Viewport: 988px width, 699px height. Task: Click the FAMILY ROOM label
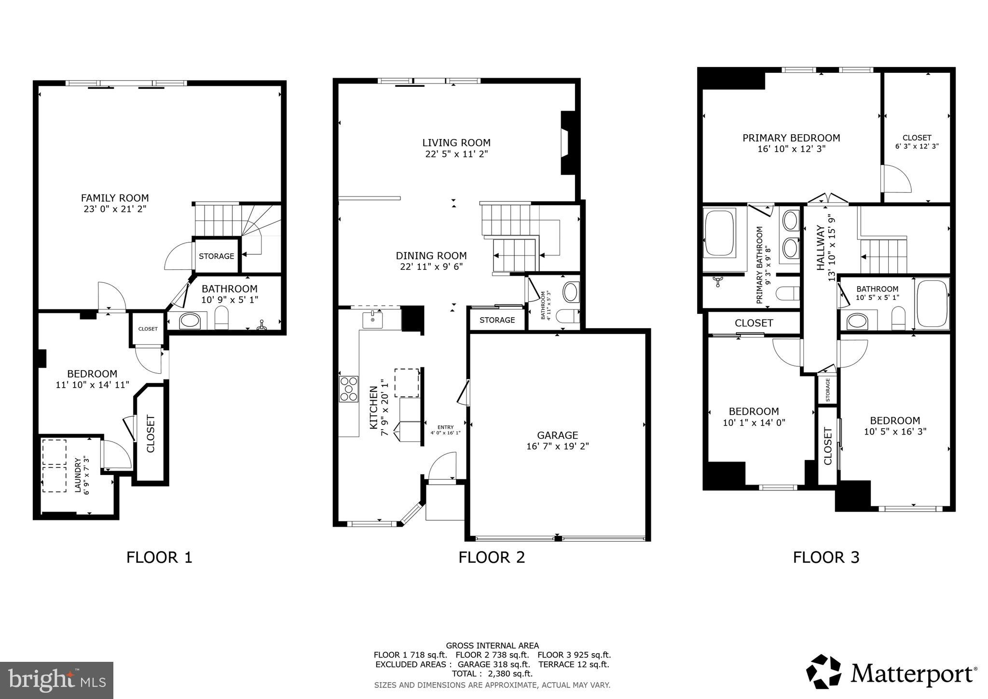pyautogui.click(x=114, y=198)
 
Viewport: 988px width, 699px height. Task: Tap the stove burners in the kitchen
pyautogui.click(x=349, y=389)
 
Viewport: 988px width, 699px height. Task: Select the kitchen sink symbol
pyautogui.click(x=372, y=320)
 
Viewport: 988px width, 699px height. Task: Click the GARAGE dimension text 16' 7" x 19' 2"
pyautogui.click(x=557, y=447)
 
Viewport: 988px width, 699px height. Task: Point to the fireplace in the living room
pyautogui.click(x=568, y=143)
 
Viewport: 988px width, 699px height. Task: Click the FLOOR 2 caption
pyautogui.click(x=491, y=558)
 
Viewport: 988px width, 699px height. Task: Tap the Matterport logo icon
pyautogui.click(x=823, y=671)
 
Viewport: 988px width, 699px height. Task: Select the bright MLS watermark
pyautogui.click(x=56, y=680)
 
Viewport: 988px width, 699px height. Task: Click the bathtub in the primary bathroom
pyautogui.click(x=719, y=232)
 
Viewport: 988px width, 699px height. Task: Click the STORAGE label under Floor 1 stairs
pyautogui.click(x=216, y=256)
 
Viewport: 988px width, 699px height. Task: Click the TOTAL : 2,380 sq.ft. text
pyautogui.click(x=492, y=674)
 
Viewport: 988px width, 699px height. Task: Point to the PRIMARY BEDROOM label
pyautogui.click(x=791, y=138)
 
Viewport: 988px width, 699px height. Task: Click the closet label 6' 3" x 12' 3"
pyautogui.click(x=917, y=146)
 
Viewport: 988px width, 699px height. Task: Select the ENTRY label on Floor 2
pyautogui.click(x=445, y=427)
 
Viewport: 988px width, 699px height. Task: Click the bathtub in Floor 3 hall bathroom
pyautogui.click(x=932, y=304)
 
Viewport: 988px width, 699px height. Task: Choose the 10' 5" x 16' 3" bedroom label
pyautogui.click(x=895, y=431)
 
